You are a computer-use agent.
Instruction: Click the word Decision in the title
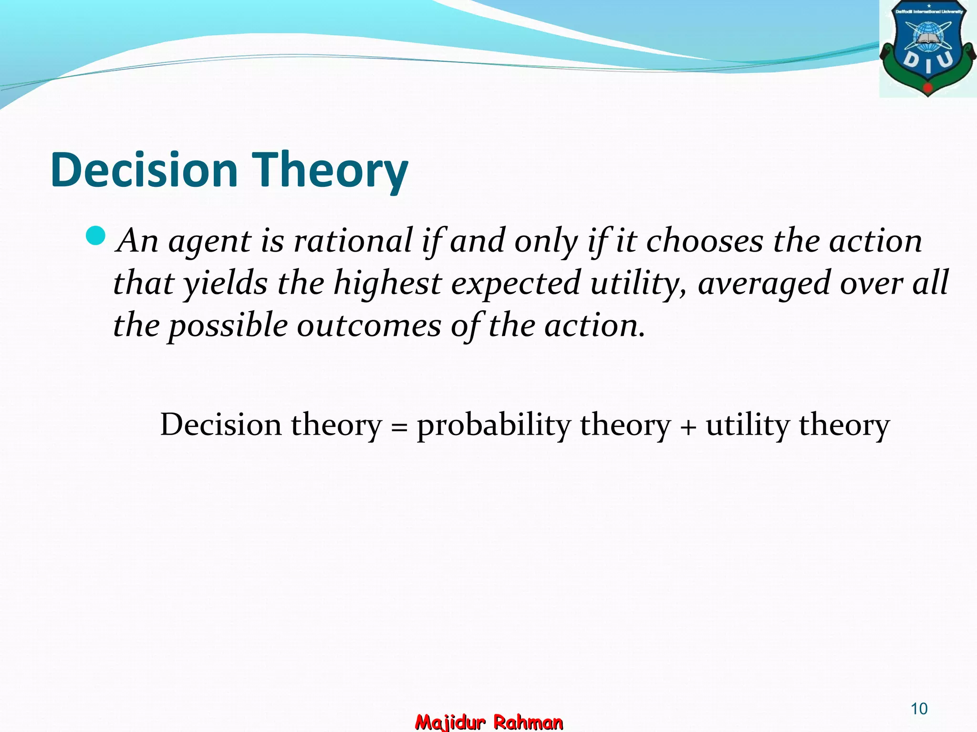pyautogui.click(x=144, y=170)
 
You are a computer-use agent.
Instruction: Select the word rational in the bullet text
pyautogui.click(x=353, y=241)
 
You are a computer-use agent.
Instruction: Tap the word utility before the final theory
pyautogui.click(x=747, y=426)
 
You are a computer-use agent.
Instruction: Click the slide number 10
pyautogui.click(x=919, y=709)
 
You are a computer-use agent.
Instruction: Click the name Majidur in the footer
pyautogui.click(x=450, y=722)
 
